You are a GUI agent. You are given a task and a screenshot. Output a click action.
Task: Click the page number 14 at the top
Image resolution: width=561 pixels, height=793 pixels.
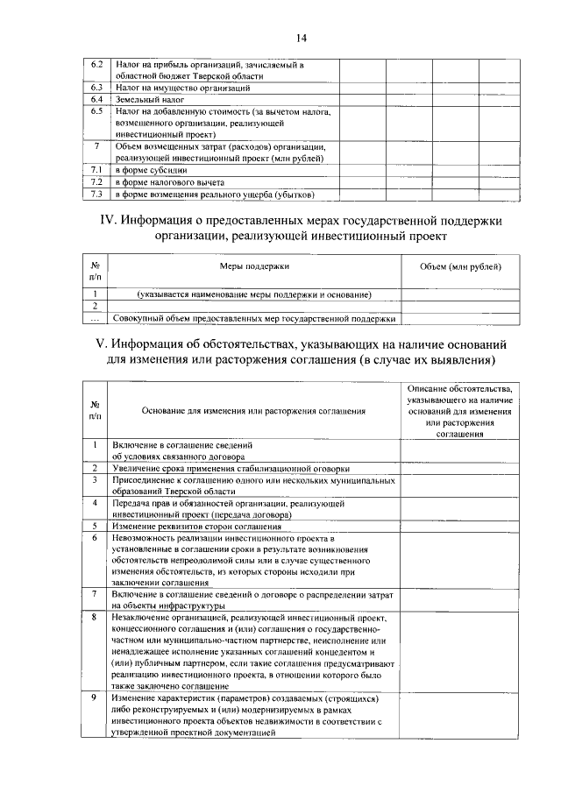301,38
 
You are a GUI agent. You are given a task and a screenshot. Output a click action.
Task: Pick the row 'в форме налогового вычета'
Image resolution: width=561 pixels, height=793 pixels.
172,181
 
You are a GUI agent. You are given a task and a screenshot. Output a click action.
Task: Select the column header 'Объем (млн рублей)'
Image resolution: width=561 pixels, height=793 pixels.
460,265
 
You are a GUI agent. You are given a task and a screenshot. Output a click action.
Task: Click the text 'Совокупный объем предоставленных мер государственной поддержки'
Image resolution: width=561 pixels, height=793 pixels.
255,318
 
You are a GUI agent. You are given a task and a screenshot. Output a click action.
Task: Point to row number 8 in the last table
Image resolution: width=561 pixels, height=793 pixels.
94,618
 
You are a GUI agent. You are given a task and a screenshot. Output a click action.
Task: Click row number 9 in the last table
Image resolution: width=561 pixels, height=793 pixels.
94,697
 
